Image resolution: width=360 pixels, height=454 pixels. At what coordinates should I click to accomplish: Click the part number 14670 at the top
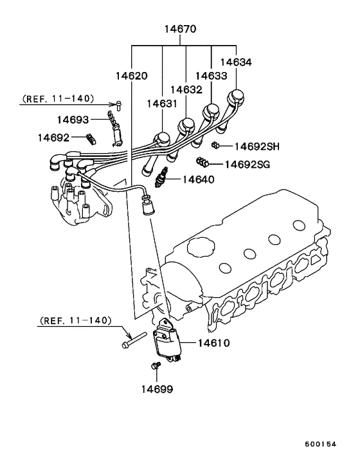180,29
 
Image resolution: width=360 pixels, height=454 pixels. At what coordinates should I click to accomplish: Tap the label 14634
236,62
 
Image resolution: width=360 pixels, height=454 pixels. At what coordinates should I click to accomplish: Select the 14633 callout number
212,76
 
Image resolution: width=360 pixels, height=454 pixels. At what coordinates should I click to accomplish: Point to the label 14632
186,90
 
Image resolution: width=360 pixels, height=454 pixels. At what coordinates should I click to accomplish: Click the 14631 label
162,104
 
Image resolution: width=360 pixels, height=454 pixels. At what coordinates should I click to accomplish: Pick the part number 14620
132,76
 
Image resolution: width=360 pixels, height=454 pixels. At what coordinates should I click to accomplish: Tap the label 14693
73,120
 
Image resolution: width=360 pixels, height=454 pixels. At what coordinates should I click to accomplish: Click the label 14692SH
257,147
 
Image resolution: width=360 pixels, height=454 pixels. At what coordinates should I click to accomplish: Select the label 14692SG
248,165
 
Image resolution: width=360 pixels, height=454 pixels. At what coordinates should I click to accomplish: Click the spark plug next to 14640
161,177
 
